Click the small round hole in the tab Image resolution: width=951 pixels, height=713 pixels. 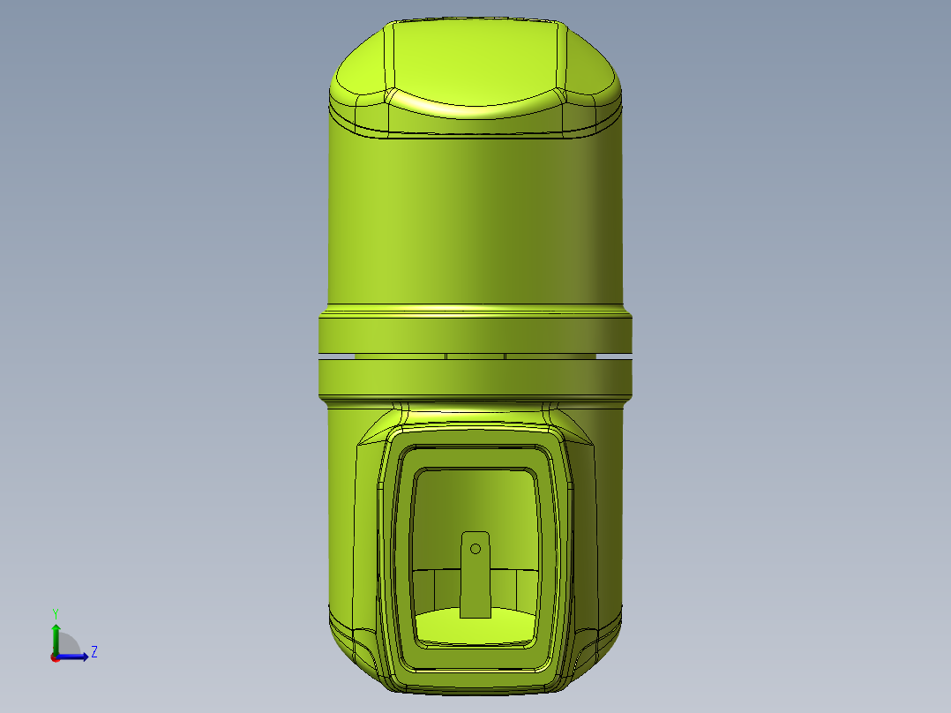click(x=475, y=549)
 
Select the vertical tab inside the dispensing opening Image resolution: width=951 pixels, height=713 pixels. click(x=476, y=582)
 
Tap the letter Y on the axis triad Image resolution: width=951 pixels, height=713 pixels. click(x=55, y=612)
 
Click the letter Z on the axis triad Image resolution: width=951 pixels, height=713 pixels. click(x=94, y=652)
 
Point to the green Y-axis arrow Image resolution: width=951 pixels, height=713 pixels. click(x=55, y=635)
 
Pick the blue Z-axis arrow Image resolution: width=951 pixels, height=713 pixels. click(x=76, y=657)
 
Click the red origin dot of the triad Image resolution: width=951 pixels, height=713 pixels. click(x=55, y=657)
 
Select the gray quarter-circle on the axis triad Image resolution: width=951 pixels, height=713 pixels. click(x=67, y=645)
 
